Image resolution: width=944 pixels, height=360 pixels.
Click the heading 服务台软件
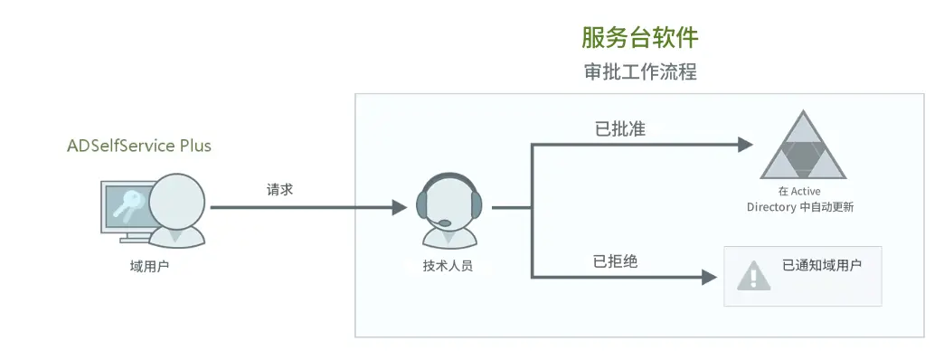[x=639, y=38]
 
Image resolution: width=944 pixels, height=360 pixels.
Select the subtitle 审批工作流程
[x=639, y=72]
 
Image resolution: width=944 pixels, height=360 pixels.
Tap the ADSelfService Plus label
[x=139, y=146]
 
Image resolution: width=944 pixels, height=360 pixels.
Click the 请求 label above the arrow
[x=279, y=191]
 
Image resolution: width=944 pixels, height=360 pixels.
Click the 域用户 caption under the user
[x=149, y=266]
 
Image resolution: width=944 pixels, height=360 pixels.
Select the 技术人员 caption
[x=447, y=266]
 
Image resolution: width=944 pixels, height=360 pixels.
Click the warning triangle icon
[x=750, y=275]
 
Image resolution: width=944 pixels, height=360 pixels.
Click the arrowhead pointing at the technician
[x=400, y=208]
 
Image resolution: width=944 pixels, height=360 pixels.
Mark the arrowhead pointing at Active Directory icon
[x=745, y=144]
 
